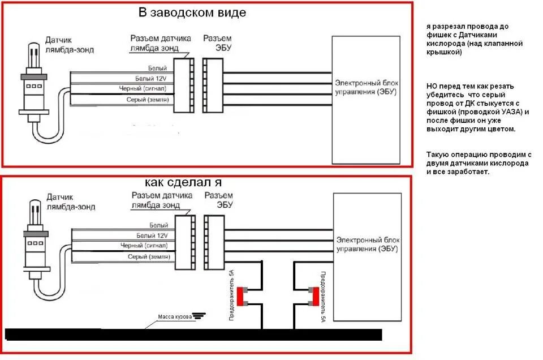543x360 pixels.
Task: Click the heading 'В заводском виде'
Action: click(192, 12)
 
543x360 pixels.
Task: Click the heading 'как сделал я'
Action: click(183, 182)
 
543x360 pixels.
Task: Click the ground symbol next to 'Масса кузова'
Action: click(197, 316)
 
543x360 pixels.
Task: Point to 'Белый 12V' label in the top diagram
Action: click(152, 78)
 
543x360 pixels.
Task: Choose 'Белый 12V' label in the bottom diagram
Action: click(152, 235)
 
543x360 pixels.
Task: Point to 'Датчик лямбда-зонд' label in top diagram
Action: click(70, 45)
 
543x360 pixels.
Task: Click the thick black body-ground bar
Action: click(192, 334)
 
